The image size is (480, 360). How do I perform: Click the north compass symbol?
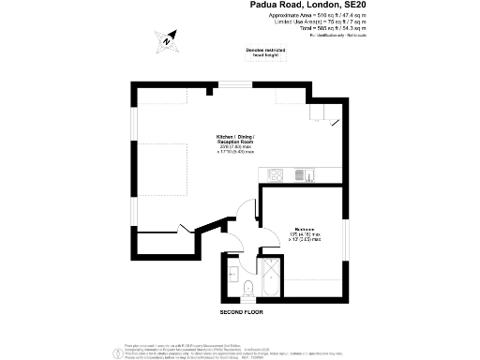166,40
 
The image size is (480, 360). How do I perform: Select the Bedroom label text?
304,229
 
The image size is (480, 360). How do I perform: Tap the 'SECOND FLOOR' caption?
243,310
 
